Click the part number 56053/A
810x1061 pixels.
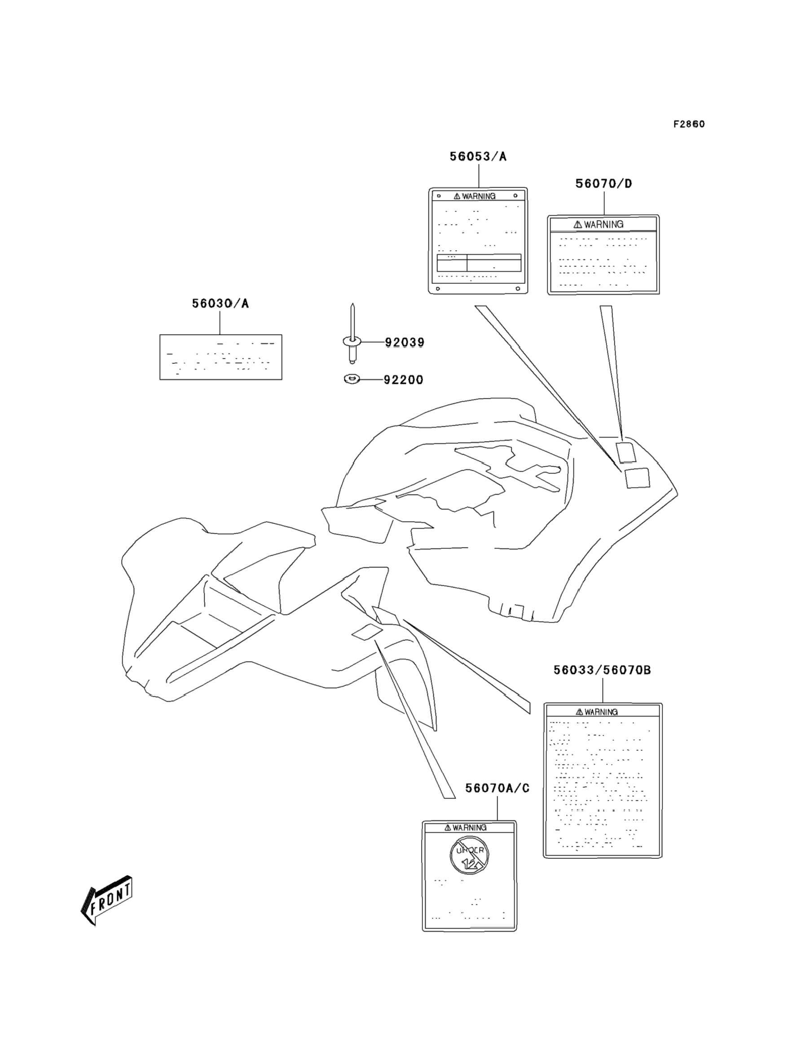tap(478, 157)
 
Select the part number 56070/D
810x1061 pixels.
tap(603, 184)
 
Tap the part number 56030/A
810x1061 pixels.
tap(220, 304)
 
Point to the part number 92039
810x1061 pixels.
tap(405, 342)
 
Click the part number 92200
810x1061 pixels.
tap(404, 380)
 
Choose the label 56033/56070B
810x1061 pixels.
tap(602, 670)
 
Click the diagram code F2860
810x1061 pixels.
tap(689, 124)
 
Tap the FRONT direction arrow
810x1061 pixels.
tap(107, 900)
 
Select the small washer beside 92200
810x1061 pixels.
tap(352, 380)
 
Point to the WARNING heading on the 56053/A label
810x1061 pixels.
tap(475, 196)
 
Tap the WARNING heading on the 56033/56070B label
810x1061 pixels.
tap(597, 712)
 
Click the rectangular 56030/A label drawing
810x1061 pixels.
tap(221, 358)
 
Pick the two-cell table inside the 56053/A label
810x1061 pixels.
tap(479, 263)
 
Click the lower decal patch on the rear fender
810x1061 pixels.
tap(637, 478)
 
